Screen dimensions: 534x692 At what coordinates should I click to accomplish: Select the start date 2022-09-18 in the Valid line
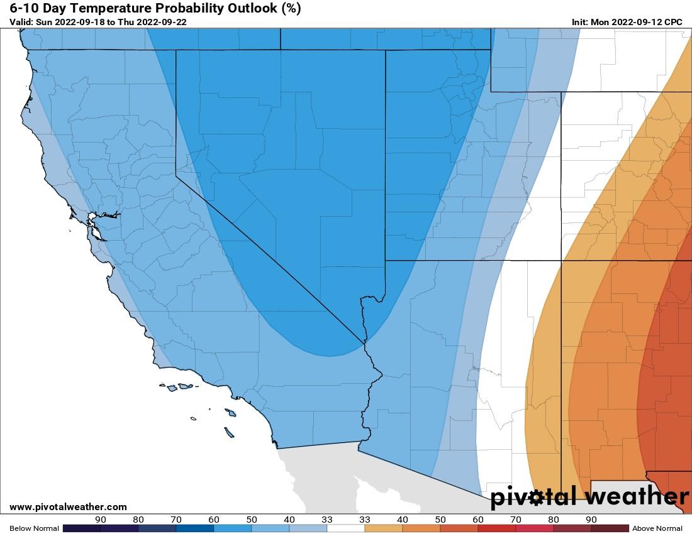pos(86,22)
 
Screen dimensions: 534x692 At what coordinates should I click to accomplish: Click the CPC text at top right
pos(672,22)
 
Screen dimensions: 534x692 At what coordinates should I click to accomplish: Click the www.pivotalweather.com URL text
pos(68,507)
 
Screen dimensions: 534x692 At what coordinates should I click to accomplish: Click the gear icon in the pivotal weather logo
pos(536,498)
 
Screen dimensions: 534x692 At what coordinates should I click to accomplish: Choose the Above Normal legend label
pos(657,528)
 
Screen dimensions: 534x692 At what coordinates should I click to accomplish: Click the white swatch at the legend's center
pos(346,528)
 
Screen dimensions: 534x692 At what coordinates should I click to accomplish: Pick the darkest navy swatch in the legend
pos(82,528)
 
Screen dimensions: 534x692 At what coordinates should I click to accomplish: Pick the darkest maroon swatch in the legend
pos(610,528)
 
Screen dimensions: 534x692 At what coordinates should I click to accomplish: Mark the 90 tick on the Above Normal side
pos(591,520)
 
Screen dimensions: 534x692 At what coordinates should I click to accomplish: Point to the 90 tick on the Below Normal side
pos(101,520)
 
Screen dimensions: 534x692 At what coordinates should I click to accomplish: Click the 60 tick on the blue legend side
pos(214,520)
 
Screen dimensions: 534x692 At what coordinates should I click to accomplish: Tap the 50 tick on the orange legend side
pos(440,520)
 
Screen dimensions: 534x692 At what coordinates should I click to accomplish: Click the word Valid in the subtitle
pos(21,22)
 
